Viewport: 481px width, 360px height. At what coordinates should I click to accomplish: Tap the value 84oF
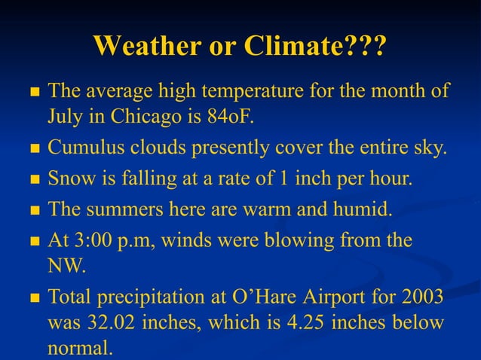click(239, 117)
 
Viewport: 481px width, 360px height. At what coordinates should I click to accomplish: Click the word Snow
click(68, 179)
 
